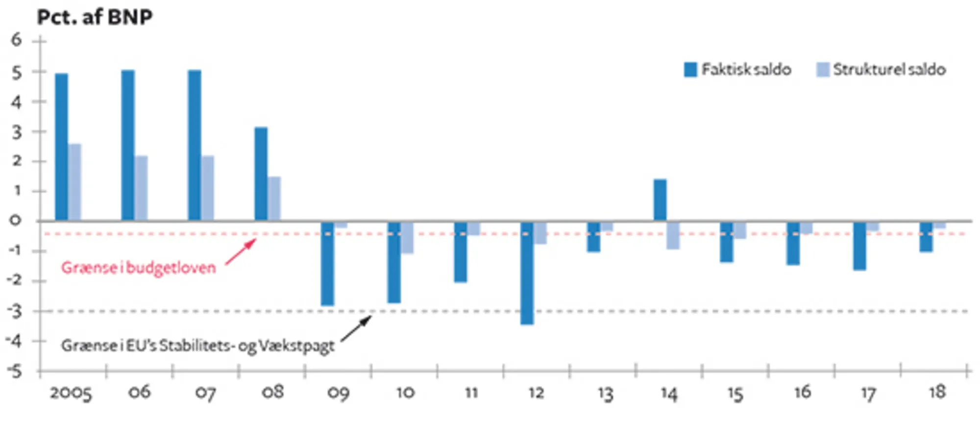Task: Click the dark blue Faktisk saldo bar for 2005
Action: (61, 147)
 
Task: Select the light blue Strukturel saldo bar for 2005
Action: (74, 182)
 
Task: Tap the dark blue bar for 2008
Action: (261, 174)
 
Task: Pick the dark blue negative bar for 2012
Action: (527, 273)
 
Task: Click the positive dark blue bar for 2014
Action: (660, 200)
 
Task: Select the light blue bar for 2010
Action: (407, 238)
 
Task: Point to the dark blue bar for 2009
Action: (327, 263)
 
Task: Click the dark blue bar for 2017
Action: (859, 246)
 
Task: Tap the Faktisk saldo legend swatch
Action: (690, 70)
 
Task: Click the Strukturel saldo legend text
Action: (889, 70)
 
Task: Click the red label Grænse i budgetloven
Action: (138, 268)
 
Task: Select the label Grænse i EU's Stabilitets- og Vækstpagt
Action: (197, 346)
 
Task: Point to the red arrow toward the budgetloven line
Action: (241, 251)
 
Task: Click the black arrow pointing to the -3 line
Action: (356, 328)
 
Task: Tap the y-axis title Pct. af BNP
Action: (95, 17)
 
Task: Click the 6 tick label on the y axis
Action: (17, 40)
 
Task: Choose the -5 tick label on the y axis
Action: (15, 371)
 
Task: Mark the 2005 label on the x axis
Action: (71, 393)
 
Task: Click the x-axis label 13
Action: (605, 393)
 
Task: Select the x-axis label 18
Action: (937, 392)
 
